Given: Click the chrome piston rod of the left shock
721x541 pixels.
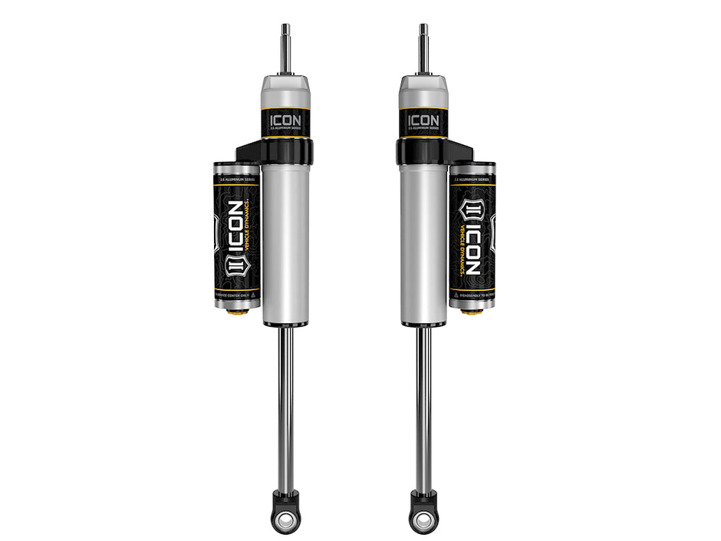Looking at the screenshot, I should coord(285,407).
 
